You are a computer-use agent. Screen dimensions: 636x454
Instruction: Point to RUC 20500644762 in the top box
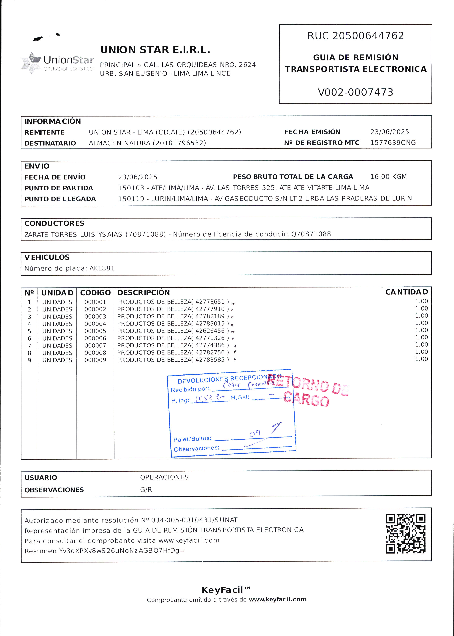pyautogui.click(x=355, y=36)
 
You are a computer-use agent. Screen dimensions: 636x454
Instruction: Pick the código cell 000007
pyautogui.click(x=95, y=346)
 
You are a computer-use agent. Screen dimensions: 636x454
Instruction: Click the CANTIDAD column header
pyautogui.click(x=407, y=292)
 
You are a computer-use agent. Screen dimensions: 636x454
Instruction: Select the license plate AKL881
pyautogui.click(x=102, y=268)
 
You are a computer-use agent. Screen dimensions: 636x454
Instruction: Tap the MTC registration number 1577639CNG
pyautogui.click(x=393, y=143)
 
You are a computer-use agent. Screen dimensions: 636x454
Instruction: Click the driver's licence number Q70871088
pyautogui.click(x=311, y=234)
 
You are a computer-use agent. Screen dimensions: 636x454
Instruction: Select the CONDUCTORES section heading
pyautogui.click(x=54, y=223)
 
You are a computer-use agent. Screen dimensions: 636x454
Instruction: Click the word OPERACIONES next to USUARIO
pyautogui.click(x=164, y=477)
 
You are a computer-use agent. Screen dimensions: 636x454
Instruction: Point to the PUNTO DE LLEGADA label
pyautogui.click(x=60, y=199)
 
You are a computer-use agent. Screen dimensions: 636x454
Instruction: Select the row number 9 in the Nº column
pyautogui.click(x=29, y=360)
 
